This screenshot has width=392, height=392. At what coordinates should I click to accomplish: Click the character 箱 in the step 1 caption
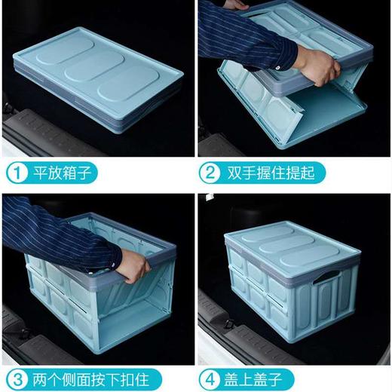(x=73, y=173)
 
